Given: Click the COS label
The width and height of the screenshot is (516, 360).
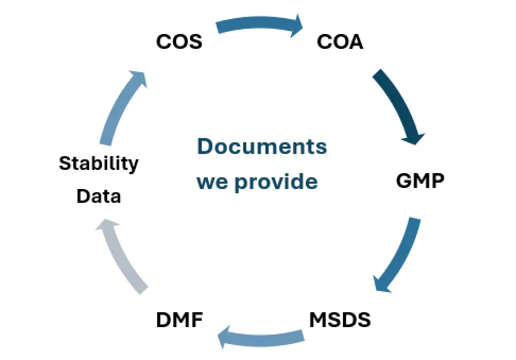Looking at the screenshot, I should click(179, 42).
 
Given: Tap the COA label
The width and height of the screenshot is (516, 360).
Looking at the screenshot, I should click(340, 42).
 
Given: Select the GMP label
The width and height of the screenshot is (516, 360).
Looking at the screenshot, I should click(420, 182).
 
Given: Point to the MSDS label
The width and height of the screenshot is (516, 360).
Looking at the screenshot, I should click(340, 320).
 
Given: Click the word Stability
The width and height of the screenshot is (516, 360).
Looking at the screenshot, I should click(98, 163).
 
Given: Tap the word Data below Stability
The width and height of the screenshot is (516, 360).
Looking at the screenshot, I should click(99, 196).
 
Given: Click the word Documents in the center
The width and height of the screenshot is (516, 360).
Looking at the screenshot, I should click(262, 146).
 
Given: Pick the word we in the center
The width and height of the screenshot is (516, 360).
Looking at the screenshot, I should click(213, 182).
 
